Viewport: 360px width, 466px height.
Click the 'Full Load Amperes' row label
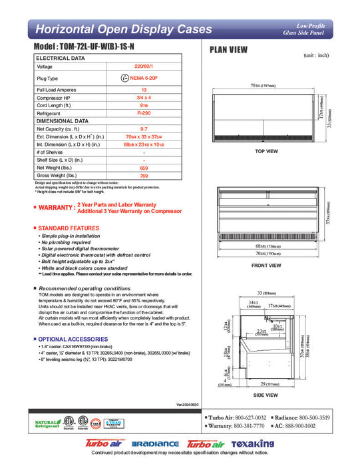coord(55,89)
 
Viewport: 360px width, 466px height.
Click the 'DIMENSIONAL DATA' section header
coord(63,121)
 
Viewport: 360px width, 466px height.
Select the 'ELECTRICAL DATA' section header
coord(61,59)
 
